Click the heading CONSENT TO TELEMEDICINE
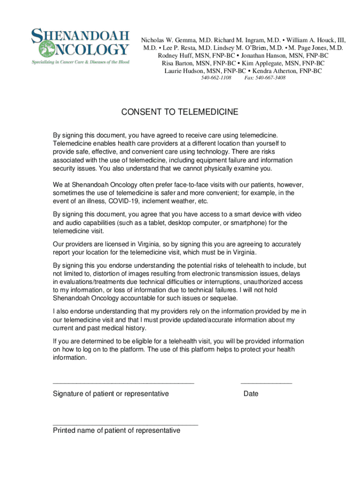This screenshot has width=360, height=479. [x=180, y=112]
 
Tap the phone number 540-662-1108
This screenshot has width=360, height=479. [x=216, y=78]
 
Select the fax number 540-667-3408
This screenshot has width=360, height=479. [x=265, y=78]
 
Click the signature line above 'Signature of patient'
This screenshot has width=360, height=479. [x=123, y=383]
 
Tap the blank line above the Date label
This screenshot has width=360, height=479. [x=266, y=383]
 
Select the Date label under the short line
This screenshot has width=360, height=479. [x=251, y=394]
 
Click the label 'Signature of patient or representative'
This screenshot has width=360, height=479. [x=111, y=394]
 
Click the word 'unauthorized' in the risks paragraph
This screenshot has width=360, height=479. [x=255, y=282]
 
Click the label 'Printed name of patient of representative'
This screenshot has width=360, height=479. [x=116, y=430]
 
